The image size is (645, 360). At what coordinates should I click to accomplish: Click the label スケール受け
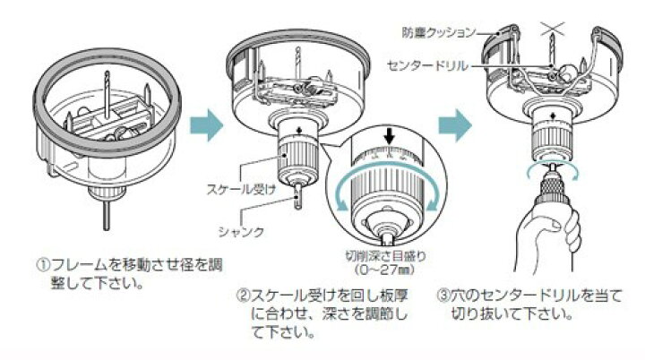tap(241, 189)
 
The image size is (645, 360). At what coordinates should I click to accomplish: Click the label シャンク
tap(241, 232)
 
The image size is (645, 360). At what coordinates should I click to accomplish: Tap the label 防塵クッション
tap(438, 32)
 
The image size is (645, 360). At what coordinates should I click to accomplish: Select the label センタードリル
tap(428, 65)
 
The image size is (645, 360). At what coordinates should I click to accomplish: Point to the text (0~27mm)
tap(385, 270)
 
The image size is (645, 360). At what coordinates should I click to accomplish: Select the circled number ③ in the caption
tap(443, 296)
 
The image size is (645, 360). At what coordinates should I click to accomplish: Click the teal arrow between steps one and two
tap(206, 125)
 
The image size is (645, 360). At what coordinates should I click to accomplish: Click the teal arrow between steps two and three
tap(454, 125)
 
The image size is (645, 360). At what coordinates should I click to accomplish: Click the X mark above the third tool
tap(552, 30)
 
